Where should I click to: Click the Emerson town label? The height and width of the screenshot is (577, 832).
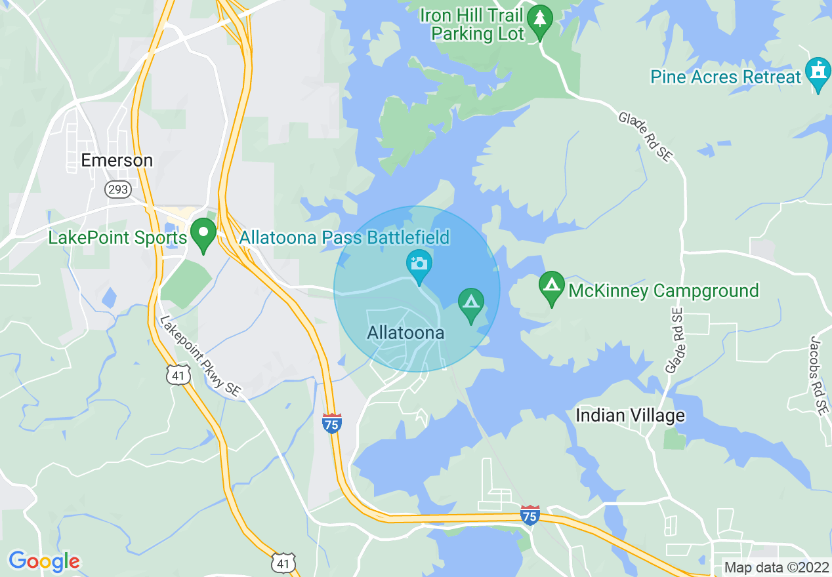(x=117, y=160)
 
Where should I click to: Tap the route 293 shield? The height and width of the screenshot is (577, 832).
(x=118, y=189)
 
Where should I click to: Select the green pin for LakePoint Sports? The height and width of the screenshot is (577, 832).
(x=203, y=235)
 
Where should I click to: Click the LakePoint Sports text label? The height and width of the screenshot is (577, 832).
(x=117, y=237)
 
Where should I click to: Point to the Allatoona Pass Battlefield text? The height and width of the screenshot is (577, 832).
(x=344, y=237)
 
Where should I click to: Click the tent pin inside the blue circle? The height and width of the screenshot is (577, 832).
(x=470, y=304)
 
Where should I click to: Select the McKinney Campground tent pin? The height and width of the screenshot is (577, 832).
(x=552, y=287)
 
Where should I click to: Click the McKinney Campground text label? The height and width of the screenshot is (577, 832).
(x=663, y=290)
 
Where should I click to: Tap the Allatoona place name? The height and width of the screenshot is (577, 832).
(x=406, y=333)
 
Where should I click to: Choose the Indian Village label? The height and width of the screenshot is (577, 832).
(x=630, y=415)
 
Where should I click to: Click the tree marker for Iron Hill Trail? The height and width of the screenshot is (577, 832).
(x=540, y=21)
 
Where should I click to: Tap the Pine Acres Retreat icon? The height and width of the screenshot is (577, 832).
(x=818, y=73)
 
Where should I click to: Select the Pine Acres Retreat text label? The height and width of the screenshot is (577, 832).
(x=726, y=77)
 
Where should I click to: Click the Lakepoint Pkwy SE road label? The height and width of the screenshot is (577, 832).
(x=199, y=356)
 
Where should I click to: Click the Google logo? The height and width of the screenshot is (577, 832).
(x=44, y=561)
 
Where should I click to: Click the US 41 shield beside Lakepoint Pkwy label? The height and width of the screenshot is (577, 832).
(x=178, y=374)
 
